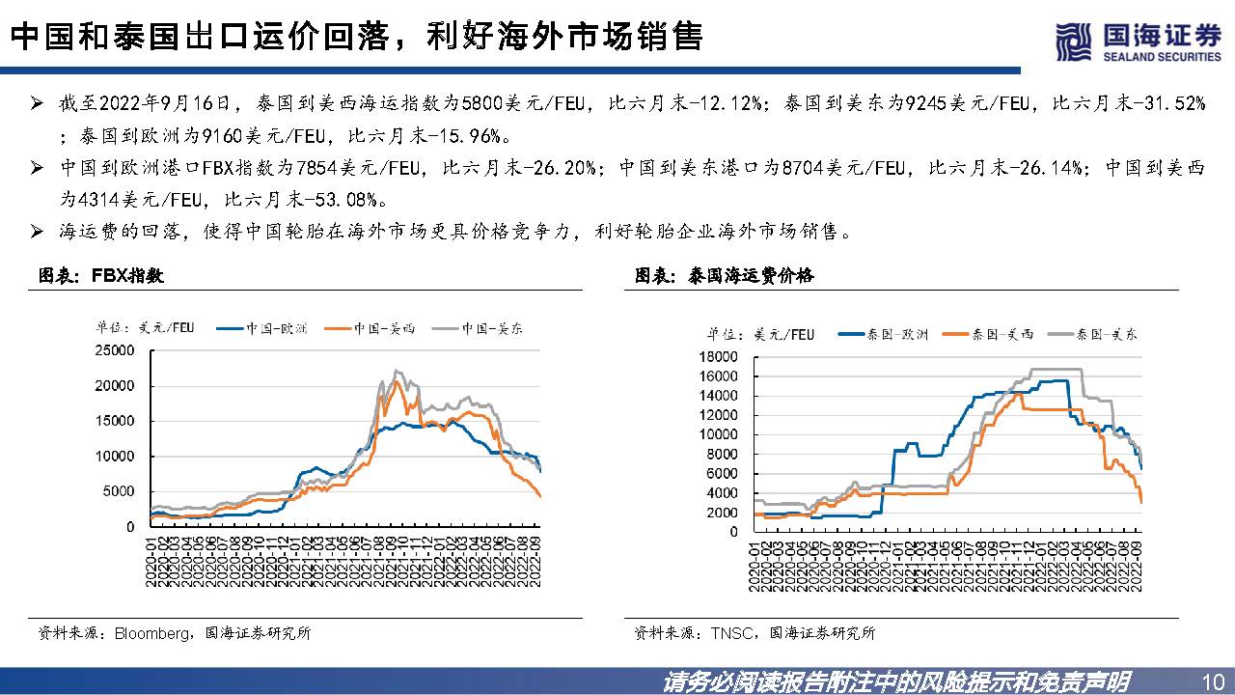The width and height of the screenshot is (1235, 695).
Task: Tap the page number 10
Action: (1214, 680)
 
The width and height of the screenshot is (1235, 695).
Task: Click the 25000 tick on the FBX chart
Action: (116, 350)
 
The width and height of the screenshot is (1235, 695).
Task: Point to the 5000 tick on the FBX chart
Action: (120, 491)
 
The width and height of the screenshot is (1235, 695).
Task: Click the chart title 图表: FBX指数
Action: (100, 276)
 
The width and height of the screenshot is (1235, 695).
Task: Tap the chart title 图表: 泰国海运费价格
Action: (724, 276)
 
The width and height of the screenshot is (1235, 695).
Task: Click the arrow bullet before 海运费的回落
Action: (37, 233)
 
